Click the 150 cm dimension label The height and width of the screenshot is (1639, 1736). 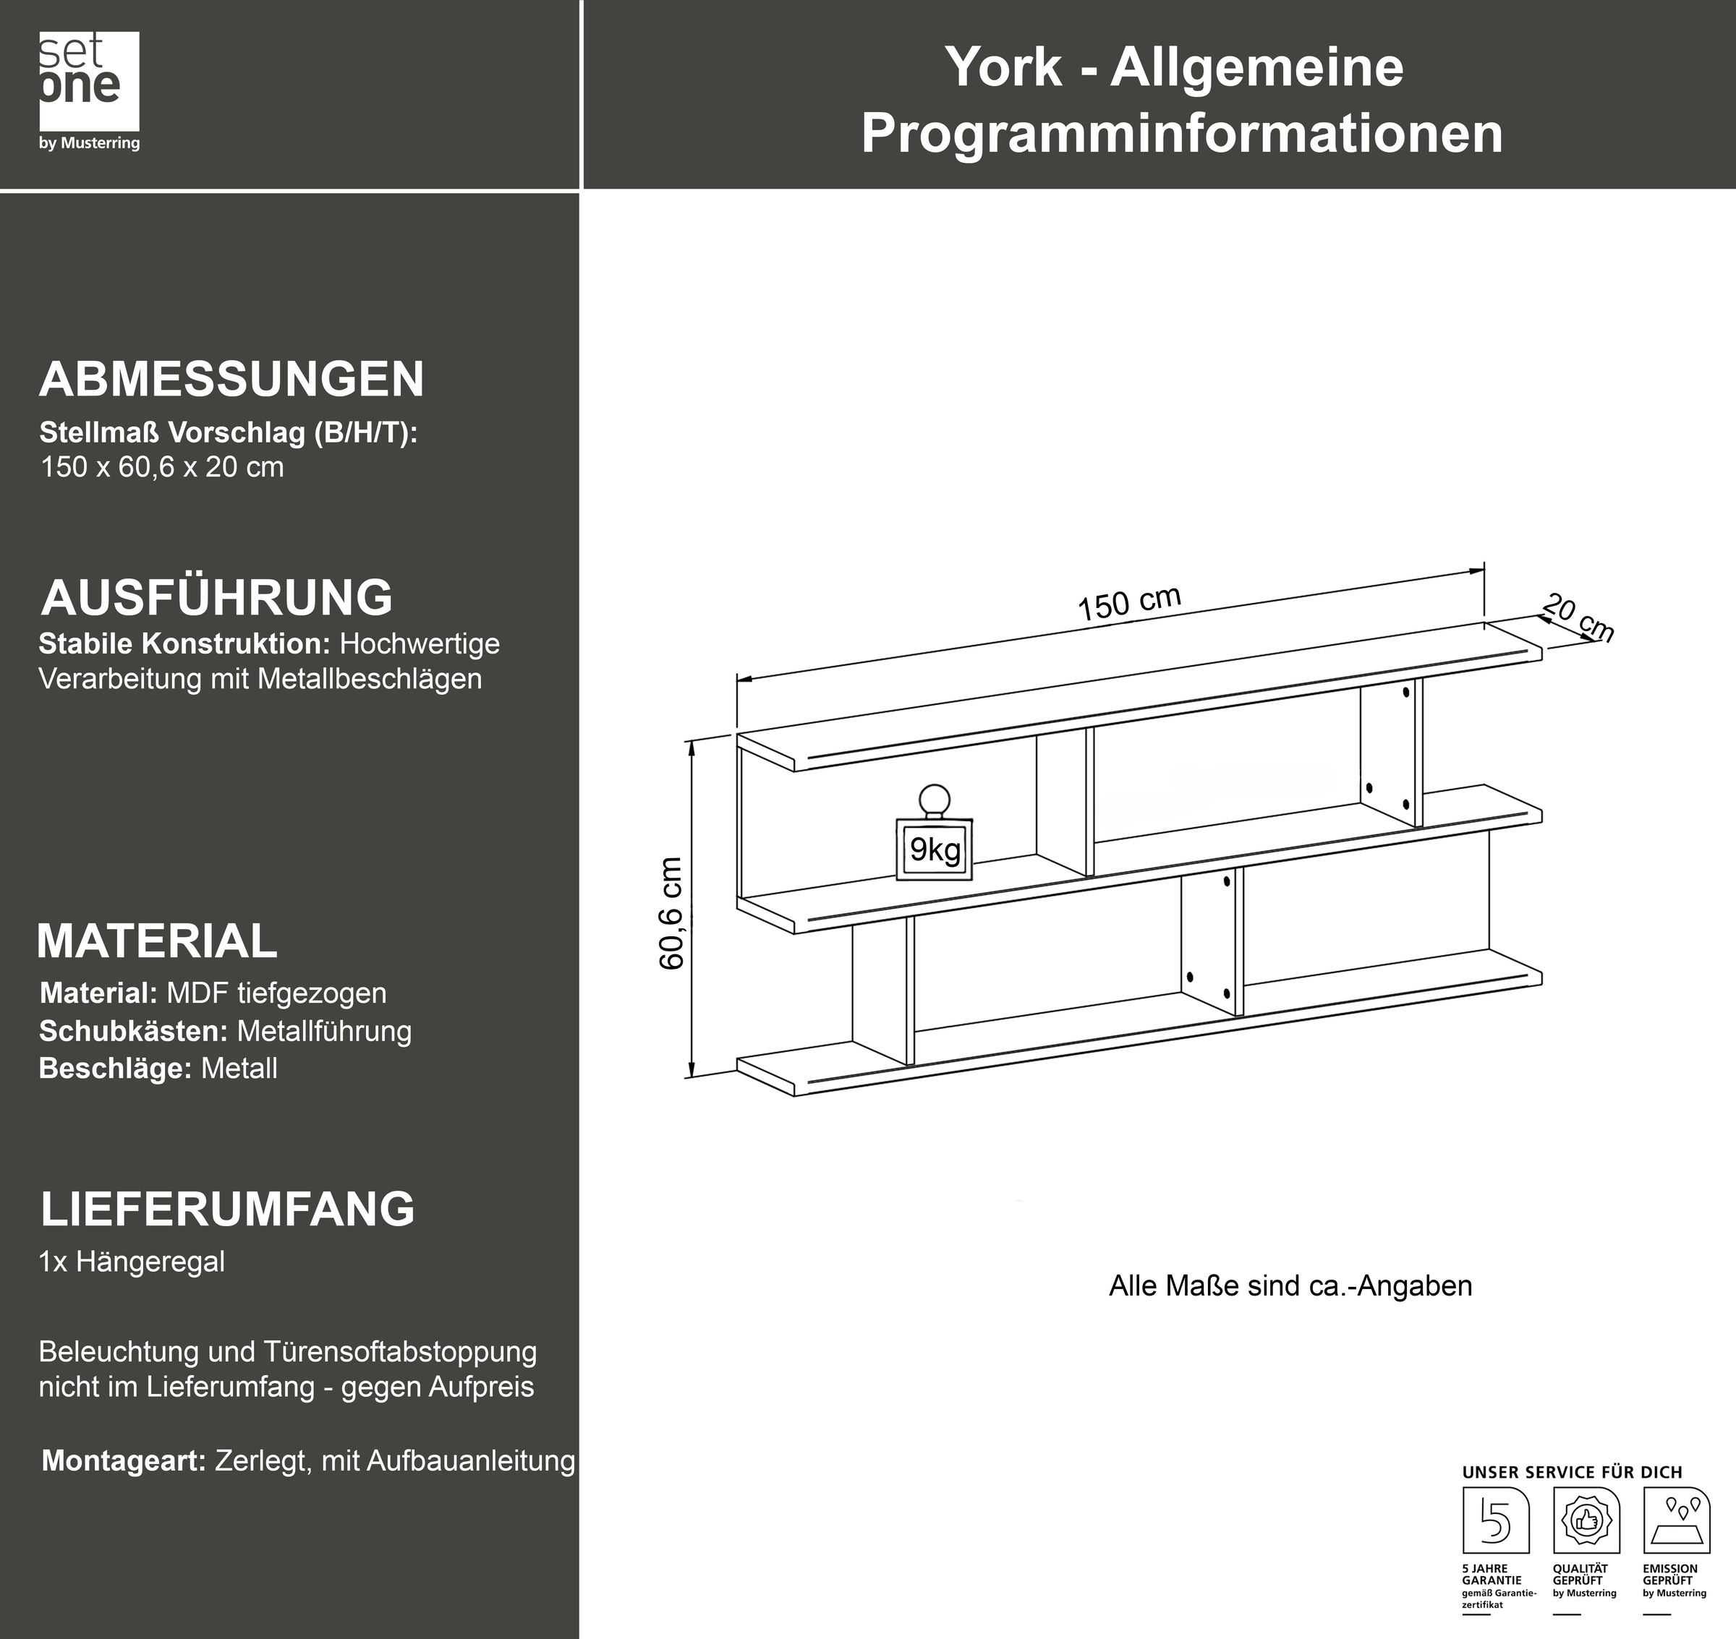[x=1128, y=603]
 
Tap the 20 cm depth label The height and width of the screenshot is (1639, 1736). [x=1578, y=617]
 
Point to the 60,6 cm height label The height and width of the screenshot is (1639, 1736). [x=671, y=913]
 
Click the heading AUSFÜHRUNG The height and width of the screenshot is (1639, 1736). [x=217, y=598]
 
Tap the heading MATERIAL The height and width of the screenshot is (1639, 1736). [x=158, y=941]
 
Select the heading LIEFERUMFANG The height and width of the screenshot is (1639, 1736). [x=227, y=1209]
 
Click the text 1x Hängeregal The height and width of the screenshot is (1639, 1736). [x=132, y=1262]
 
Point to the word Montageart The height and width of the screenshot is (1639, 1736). [x=123, y=1460]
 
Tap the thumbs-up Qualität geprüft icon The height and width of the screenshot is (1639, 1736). [x=1586, y=1520]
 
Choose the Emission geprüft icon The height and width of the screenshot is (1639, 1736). [x=1676, y=1520]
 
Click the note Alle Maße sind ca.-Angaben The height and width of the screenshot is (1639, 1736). [x=1290, y=1286]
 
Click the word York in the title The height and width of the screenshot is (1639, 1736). [x=1003, y=67]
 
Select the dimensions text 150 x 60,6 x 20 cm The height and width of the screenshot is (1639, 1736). [x=163, y=468]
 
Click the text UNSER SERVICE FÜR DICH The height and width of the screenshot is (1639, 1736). [x=1572, y=1472]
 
